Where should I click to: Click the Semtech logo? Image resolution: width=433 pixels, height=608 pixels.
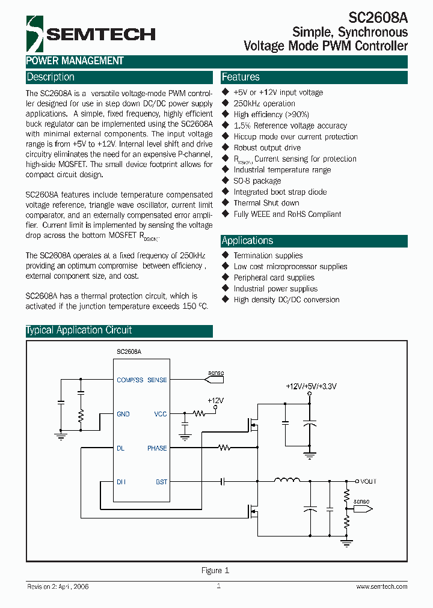coord(90,34)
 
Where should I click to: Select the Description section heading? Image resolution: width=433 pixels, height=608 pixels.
coord(51,78)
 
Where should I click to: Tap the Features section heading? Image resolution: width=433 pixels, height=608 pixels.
coord(241,78)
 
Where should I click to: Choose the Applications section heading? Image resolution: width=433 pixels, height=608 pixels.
coord(247,241)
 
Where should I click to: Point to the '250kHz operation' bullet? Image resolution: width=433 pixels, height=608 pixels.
coord(264,103)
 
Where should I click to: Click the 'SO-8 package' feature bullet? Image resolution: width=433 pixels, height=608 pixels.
coord(257,181)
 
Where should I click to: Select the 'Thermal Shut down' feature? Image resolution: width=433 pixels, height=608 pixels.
coord(266,203)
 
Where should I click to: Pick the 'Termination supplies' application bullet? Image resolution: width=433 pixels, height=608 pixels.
coord(268,255)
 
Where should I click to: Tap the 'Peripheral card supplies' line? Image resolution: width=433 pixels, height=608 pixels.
coord(274,278)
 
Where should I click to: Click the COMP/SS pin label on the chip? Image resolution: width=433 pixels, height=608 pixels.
coord(130,380)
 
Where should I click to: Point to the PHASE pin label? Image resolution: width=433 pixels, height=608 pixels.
coord(157,448)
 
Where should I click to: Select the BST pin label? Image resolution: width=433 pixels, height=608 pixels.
coord(161,482)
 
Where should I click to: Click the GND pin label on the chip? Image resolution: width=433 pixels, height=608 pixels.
coord(123,414)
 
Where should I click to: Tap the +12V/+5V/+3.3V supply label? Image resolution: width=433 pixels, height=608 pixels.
coord(310,386)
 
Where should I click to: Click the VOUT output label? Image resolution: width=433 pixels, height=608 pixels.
coord(368,481)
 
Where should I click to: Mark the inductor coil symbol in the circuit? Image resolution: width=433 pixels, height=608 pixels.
coord(287,480)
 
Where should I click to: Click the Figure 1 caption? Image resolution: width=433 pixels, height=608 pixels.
coord(215,571)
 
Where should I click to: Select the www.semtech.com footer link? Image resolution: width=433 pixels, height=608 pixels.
coord(381,587)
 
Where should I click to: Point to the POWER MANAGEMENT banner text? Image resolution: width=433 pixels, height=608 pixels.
coord(75,61)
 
